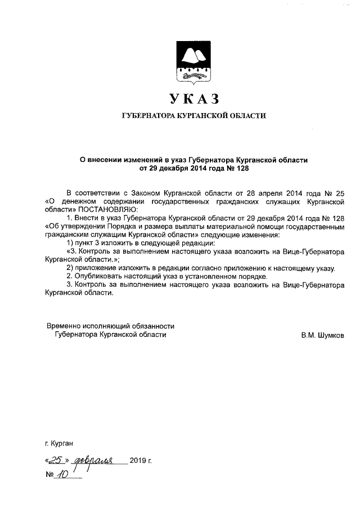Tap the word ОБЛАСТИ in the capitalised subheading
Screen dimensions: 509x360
(x=246, y=116)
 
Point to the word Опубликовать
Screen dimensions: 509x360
(x=97, y=277)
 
